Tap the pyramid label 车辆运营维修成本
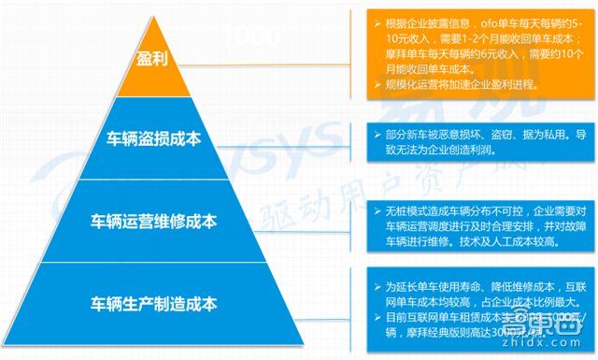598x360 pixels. coord(153,222)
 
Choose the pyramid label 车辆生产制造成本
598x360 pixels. coord(153,303)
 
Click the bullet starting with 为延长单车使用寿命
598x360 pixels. coord(477,294)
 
